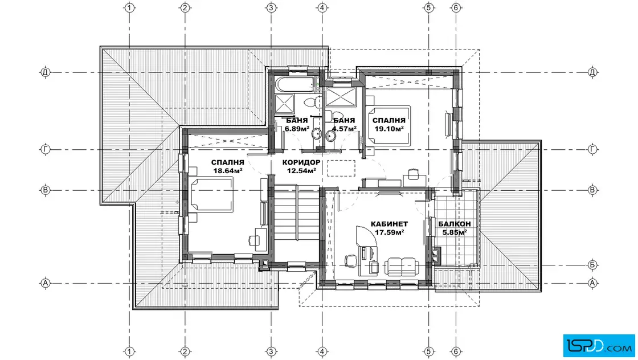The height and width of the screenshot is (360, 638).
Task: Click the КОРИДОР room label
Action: click(x=301, y=162)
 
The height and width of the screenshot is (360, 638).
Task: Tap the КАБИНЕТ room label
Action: click(x=389, y=224)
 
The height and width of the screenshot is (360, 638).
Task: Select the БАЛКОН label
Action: click(x=455, y=224)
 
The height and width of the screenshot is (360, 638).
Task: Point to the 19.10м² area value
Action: click(x=389, y=129)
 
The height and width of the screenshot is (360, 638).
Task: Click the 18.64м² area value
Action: click(x=228, y=171)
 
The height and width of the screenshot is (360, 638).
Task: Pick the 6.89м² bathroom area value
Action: click(x=297, y=129)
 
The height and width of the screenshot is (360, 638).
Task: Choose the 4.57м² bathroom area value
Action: click(x=344, y=129)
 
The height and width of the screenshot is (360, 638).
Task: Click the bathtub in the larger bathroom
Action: click(x=296, y=84)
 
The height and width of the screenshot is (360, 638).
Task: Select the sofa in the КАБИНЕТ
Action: click(x=402, y=267)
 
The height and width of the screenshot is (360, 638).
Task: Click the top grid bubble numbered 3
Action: click(x=271, y=7)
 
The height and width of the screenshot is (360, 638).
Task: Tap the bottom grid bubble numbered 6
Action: click(x=456, y=351)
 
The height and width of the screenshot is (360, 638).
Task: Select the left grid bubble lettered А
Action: click(x=46, y=283)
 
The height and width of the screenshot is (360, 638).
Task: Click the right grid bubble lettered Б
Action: click(x=592, y=265)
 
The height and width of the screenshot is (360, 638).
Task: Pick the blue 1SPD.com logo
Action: click(x=599, y=346)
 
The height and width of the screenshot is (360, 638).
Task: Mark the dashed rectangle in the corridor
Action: click(x=341, y=169)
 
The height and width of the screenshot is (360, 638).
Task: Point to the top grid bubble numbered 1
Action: click(x=129, y=7)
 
